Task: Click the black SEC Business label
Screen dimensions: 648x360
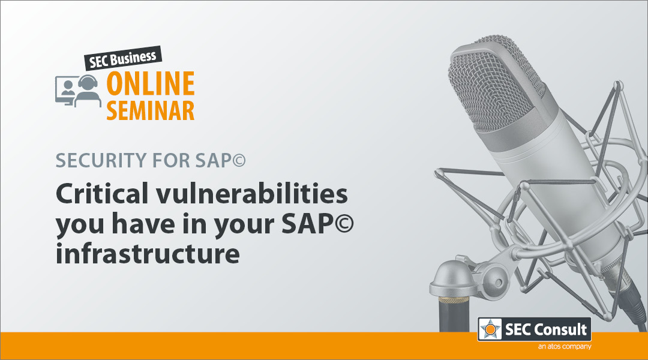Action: (x=123, y=58)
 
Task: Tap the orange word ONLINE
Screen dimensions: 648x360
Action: (x=151, y=83)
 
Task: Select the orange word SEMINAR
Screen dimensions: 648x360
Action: (x=151, y=110)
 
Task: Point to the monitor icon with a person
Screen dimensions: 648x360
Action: (x=65, y=91)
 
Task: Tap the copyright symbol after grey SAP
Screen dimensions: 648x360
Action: (x=239, y=160)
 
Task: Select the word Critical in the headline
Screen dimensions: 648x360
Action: (x=102, y=193)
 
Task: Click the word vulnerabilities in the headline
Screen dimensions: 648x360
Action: (x=251, y=193)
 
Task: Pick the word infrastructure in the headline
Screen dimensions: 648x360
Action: (x=148, y=253)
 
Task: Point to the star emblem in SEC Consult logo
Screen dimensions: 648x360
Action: (x=490, y=329)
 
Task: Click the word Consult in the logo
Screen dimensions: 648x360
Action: (x=560, y=329)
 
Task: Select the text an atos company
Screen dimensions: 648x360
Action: (x=565, y=346)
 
